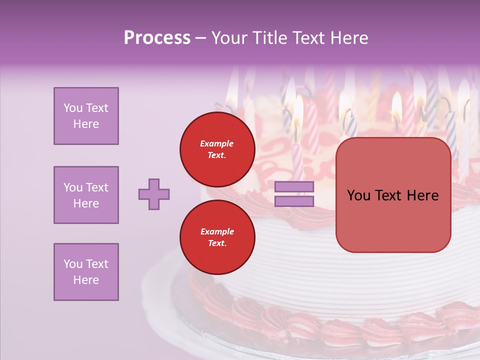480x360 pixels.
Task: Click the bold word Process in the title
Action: pyautogui.click(x=157, y=37)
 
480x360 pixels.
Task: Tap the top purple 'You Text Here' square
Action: pyautogui.click(x=86, y=116)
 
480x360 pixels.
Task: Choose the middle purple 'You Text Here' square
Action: pyautogui.click(x=86, y=195)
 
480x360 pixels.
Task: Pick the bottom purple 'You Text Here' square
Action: pyautogui.click(x=86, y=272)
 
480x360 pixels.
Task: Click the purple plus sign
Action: pyautogui.click(x=154, y=194)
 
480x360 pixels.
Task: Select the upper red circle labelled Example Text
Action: pyautogui.click(x=217, y=149)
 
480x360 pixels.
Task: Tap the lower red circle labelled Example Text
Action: pyautogui.click(x=217, y=237)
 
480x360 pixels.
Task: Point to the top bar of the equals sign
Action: pyautogui.click(x=294, y=187)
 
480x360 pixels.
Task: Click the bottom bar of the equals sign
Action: pyautogui.click(x=294, y=201)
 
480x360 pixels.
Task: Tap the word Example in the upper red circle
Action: pyautogui.click(x=217, y=143)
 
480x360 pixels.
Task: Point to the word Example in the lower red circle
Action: pyautogui.click(x=217, y=231)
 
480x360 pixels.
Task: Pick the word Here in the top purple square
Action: pyautogui.click(x=86, y=124)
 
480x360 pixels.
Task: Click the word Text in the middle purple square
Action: pyautogui.click(x=96, y=187)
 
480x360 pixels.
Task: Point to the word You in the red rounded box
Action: pyautogui.click(x=358, y=195)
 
